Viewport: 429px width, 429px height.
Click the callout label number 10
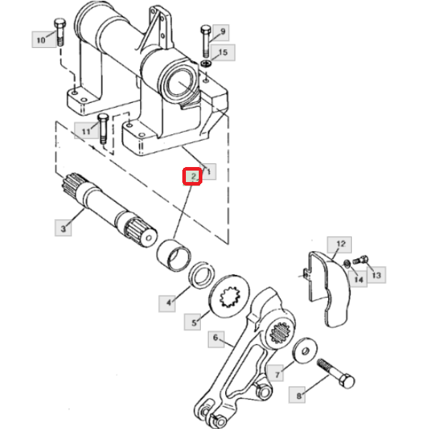point(41,40)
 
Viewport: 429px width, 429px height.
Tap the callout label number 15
point(223,52)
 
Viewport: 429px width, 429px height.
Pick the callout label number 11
point(87,131)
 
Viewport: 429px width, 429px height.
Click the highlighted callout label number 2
point(192,176)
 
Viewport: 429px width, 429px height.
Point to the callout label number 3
point(64,228)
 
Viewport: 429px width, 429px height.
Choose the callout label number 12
point(340,244)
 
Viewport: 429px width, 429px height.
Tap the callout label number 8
point(297,395)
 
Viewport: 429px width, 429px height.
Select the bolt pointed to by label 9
point(206,41)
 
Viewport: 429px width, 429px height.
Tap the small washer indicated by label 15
point(206,64)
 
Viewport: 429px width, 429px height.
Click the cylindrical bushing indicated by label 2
point(174,255)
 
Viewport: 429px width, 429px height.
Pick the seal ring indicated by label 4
point(202,275)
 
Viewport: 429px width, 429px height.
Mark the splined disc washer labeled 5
point(230,296)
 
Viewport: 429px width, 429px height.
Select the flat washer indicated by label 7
point(305,351)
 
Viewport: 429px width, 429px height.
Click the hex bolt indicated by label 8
point(336,373)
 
